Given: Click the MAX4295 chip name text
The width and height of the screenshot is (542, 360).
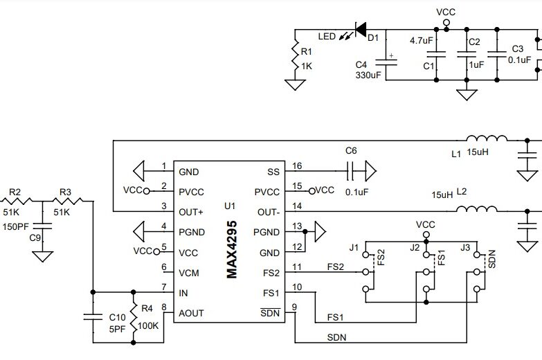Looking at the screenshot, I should [232, 250].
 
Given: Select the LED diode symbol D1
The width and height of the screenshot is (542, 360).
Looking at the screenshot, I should [360, 30].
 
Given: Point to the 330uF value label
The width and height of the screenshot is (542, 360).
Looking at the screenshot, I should [368, 75].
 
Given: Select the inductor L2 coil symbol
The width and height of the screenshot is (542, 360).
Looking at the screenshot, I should [477, 209].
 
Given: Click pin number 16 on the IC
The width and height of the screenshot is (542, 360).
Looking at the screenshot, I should [297, 167].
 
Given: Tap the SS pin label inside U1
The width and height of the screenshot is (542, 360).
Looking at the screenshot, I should [273, 172].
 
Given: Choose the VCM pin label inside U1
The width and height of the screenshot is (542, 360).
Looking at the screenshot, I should [189, 273].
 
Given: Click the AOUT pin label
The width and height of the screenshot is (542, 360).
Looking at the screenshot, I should [191, 313].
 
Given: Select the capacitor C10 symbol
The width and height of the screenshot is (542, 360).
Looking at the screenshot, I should [92, 318].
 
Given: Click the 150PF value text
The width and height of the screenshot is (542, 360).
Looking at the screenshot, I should [16, 226].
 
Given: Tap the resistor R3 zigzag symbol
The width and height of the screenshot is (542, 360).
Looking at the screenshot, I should [71, 202].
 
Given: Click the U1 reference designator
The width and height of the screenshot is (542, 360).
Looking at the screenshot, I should [231, 206].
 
